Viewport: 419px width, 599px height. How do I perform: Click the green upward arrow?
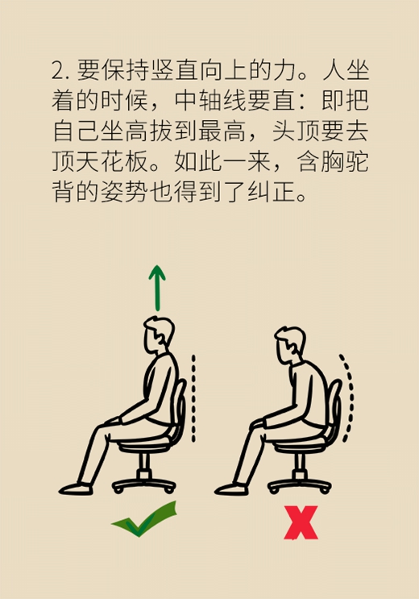157,289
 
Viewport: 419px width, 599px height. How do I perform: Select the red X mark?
301,522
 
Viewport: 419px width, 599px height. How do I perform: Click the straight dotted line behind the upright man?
193,398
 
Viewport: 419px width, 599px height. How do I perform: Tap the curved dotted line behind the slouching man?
348,397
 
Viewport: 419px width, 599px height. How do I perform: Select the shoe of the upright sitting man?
75,489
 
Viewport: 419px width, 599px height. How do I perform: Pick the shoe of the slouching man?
230,489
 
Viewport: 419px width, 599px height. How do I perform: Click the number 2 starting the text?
59,71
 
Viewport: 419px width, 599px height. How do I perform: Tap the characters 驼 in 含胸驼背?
357,161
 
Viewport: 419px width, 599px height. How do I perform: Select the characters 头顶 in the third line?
296,131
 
